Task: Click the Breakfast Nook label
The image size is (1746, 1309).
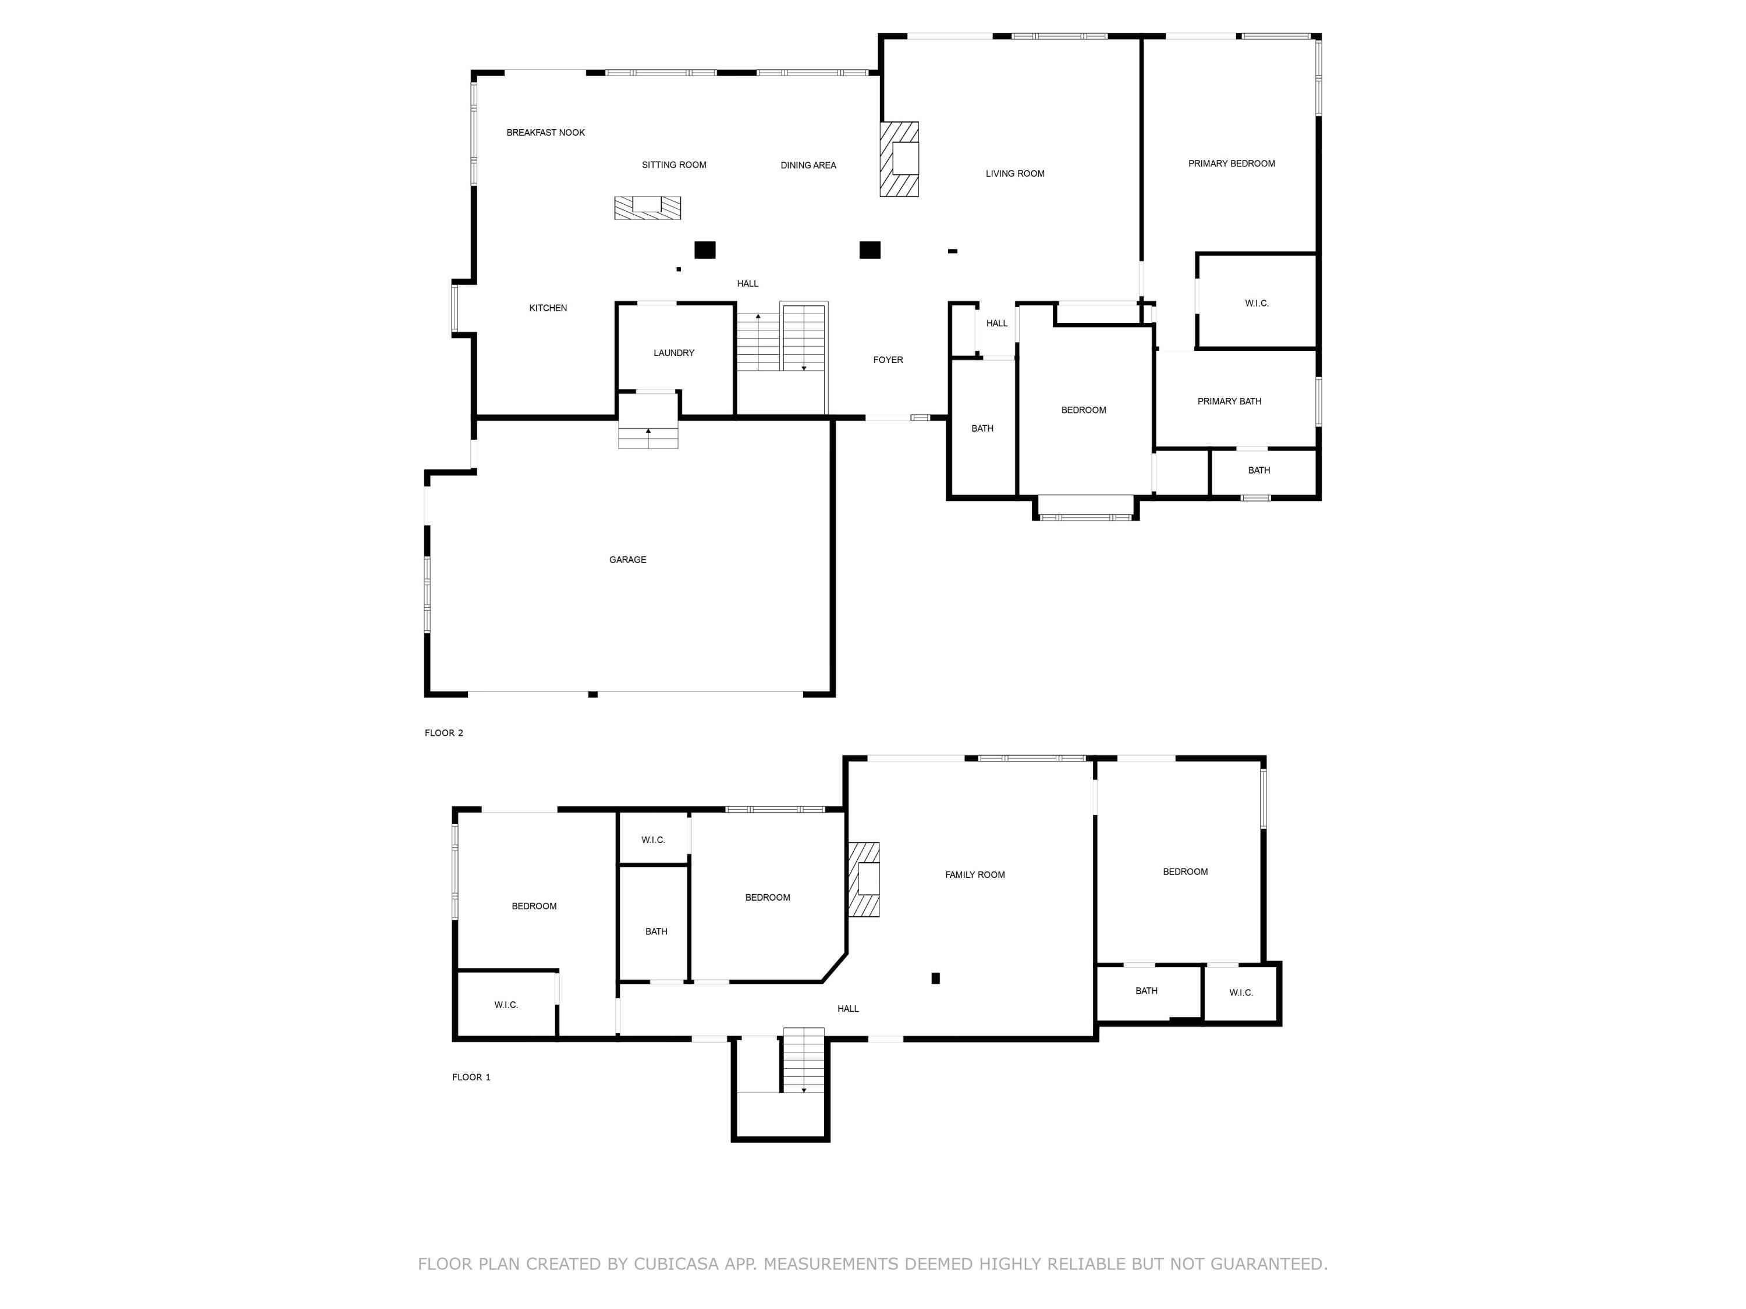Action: tap(545, 133)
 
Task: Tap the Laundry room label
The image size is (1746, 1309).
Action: tap(673, 353)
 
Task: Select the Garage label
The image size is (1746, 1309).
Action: tap(627, 560)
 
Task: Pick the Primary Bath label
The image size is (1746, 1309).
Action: tap(1229, 401)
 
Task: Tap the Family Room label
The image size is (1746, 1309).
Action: tap(975, 874)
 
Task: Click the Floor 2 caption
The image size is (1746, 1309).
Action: tap(443, 733)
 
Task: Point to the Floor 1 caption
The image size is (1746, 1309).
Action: tap(471, 1077)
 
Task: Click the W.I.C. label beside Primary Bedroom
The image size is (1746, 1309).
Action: tap(1257, 303)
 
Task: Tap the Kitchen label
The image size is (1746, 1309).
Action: tap(548, 308)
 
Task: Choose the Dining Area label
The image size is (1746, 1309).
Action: tap(808, 165)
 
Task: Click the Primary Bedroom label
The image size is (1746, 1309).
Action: tap(1232, 163)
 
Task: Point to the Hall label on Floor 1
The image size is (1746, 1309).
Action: tap(848, 1008)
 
